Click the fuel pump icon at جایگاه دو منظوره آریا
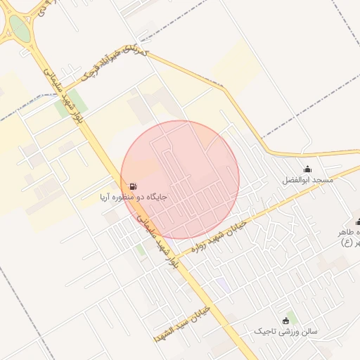tap(133, 187)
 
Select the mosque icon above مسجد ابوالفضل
tap(307, 169)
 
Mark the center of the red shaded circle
tap(180, 179)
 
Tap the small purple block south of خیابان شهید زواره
tap(222, 283)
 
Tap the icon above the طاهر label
tap(358, 222)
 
